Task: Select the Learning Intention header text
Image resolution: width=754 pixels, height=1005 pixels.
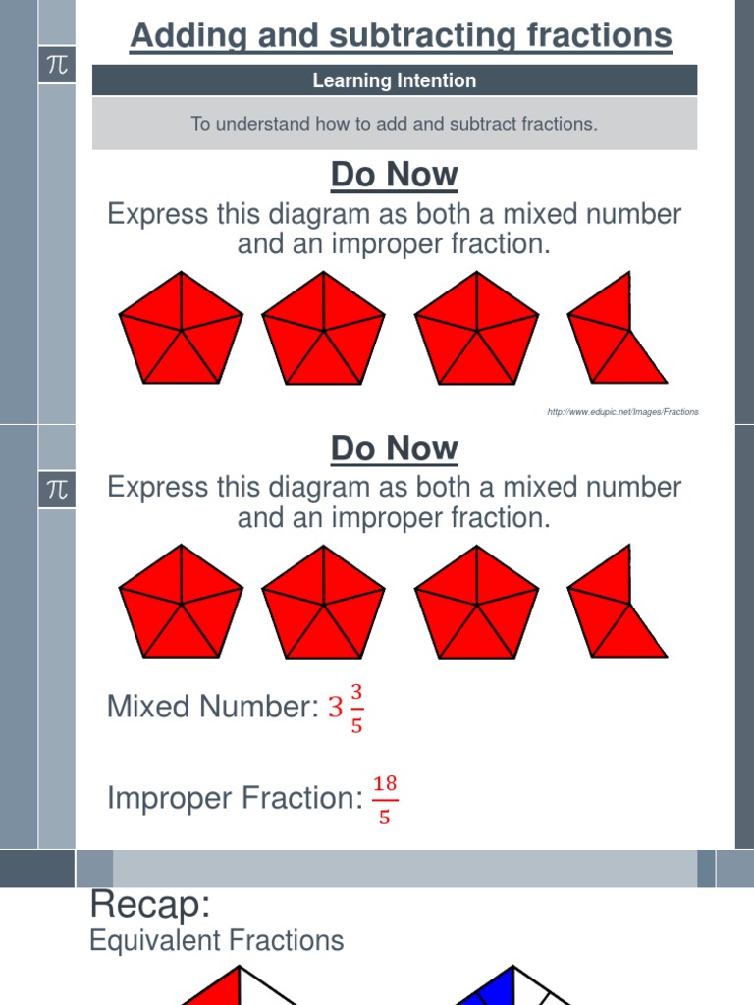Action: (394, 81)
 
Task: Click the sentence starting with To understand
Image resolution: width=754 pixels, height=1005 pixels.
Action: (394, 124)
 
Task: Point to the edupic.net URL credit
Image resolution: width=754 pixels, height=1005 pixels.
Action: (622, 412)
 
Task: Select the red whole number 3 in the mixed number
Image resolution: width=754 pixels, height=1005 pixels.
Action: (336, 707)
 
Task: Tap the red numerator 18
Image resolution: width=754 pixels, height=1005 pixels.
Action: (385, 783)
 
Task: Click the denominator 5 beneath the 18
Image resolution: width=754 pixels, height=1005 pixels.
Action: (385, 817)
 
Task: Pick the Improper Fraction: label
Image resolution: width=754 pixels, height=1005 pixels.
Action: (235, 798)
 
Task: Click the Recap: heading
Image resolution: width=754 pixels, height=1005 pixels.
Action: (150, 903)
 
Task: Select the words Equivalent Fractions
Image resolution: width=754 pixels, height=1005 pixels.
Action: (216, 941)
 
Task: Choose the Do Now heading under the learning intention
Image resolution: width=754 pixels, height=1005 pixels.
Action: (394, 175)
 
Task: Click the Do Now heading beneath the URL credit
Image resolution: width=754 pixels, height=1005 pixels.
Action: (394, 449)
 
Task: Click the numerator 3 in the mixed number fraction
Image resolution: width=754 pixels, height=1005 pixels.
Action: (357, 691)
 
